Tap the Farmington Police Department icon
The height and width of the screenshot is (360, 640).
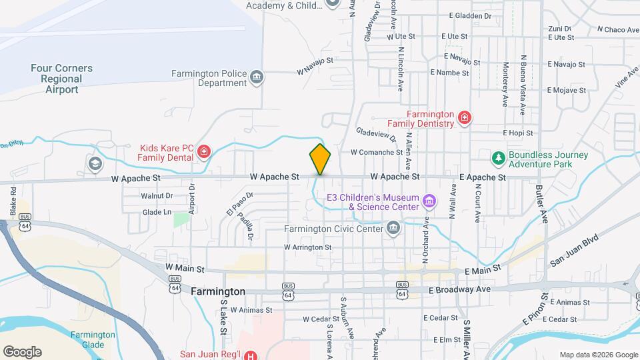[x=256, y=79]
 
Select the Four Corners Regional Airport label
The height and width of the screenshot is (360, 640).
[x=61, y=79]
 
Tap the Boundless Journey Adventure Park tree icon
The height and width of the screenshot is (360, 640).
[x=497, y=158]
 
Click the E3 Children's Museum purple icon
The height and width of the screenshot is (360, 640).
[x=429, y=201]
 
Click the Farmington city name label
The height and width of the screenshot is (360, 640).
[x=217, y=292]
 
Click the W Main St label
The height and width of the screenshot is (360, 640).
[x=185, y=268]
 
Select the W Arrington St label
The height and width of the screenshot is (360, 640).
[x=307, y=247]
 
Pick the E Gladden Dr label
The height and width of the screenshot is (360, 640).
[x=470, y=15]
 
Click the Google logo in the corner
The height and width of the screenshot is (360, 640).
[x=23, y=351]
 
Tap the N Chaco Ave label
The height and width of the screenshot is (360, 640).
[x=618, y=29]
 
